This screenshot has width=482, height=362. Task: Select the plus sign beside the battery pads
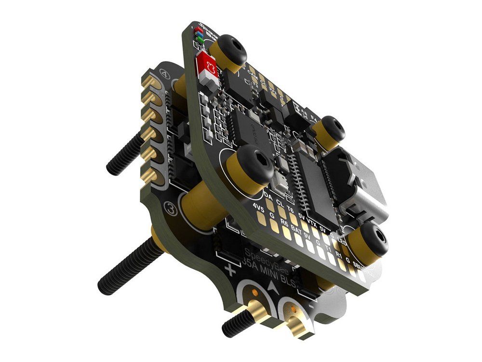pos(230,270)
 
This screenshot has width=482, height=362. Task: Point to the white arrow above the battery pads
pos(275,288)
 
